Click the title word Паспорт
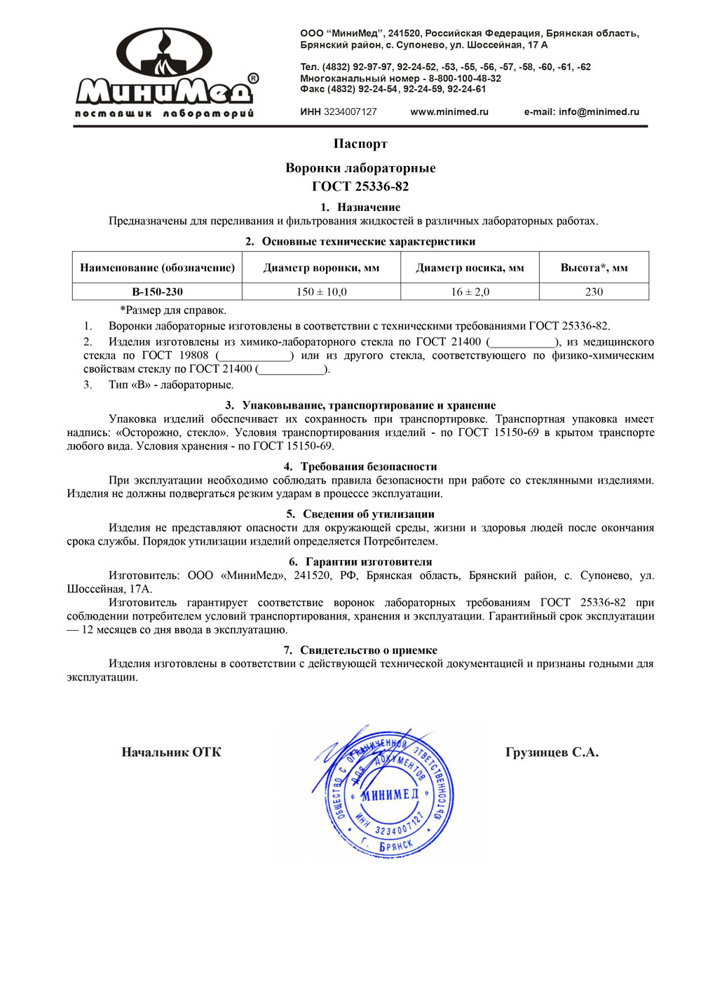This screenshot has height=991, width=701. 360,144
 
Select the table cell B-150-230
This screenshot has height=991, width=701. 157,292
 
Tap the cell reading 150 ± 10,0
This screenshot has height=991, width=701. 321,292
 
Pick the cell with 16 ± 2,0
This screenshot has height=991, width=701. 470,292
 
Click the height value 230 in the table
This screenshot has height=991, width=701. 594,292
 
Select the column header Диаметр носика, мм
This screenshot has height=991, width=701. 470,268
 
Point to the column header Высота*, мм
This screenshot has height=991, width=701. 594,268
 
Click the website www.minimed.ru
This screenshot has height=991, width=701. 449,111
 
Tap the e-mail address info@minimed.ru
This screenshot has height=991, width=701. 599,111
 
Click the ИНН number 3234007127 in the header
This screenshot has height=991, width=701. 350,111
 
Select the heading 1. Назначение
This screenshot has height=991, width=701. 360,207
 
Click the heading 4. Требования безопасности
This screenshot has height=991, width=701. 360,467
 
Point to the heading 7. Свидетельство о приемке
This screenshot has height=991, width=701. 360,650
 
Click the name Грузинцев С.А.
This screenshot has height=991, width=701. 552,753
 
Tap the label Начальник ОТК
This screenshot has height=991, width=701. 171,753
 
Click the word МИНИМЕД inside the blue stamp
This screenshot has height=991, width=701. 390,795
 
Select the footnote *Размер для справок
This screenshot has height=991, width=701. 173,310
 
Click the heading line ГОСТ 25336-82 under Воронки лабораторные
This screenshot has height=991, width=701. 360,186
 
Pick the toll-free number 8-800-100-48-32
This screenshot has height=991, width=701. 465,78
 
